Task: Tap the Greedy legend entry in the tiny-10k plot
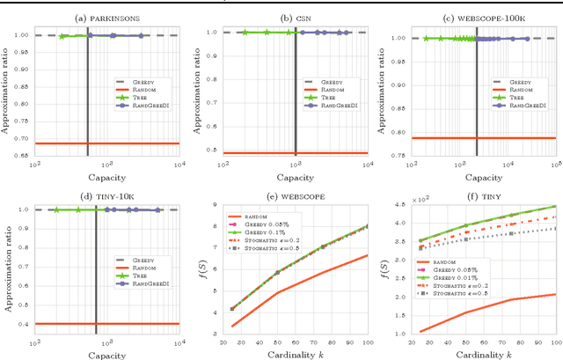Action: (x=147, y=255)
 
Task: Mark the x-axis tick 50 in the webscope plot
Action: (x=275, y=338)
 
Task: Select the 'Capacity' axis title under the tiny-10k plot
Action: (x=106, y=352)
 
